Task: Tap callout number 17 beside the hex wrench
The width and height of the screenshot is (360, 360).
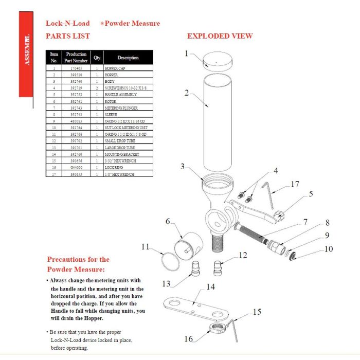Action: pyautogui.click(x=295, y=184)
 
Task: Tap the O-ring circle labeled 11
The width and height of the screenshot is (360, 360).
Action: pyautogui.click(x=169, y=260)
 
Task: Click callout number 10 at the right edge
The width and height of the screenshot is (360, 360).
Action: pyautogui.click(x=329, y=249)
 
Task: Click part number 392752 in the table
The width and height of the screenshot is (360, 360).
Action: pyautogui.click(x=76, y=95)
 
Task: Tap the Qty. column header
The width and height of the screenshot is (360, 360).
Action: pyautogui.click(x=97, y=58)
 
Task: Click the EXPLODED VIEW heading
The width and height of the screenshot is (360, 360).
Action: pyautogui.click(x=220, y=36)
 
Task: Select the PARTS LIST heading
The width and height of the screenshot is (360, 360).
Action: pyautogui.click(x=67, y=36)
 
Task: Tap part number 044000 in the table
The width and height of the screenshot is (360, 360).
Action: pyautogui.click(x=76, y=168)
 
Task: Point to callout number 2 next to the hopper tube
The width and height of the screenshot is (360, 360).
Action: pyautogui.click(x=187, y=93)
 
